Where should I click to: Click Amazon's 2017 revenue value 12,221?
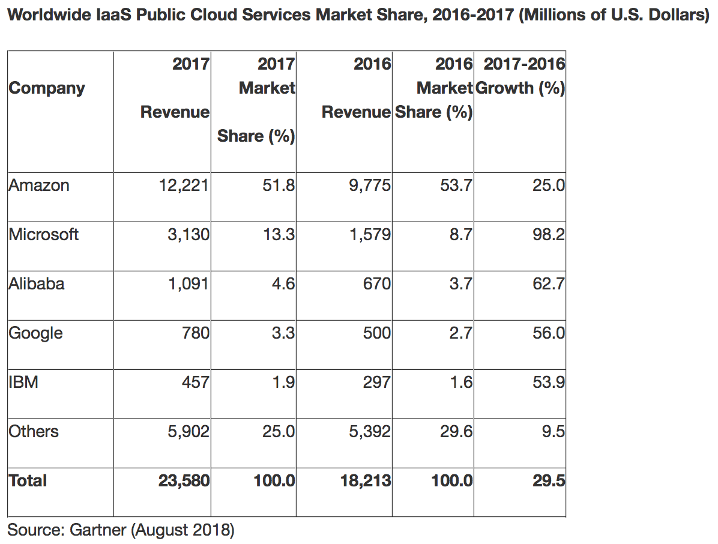click(183, 186)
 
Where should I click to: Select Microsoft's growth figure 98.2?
click(549, 235)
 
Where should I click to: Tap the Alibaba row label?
click(37, 284)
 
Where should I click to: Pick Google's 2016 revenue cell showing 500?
click(377, 333)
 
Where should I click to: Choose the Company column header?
click(47, 88)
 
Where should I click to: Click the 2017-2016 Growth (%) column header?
click(520, 76)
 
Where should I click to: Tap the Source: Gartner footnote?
click(120, 530)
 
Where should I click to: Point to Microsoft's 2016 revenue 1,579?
click(370, 235)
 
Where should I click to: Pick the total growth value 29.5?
click(549, 481)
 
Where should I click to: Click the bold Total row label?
click(28, 481)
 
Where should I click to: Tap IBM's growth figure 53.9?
click(549, 382)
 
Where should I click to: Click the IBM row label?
click(23, 382)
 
